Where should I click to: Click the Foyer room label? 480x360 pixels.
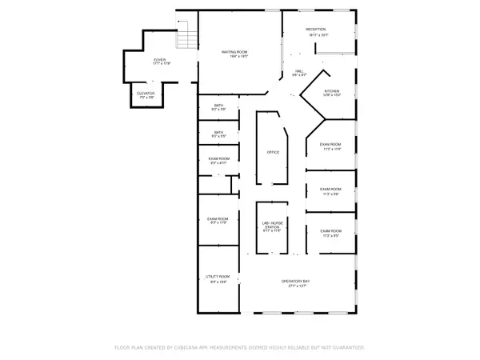pyautogui.click(x=160, y=60)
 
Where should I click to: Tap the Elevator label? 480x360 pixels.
pyautogui.click(x=146, y=94)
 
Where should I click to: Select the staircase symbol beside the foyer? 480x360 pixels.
pyautogui.click(x=186, y=35)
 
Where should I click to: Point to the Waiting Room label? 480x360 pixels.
pyautogui.click(x=234, y=52)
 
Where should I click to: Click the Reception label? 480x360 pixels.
pyautogui.click(x=317, y=30)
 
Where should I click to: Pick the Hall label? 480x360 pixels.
pyautogui.click(x=298, y=70)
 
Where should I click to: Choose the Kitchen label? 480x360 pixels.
pyautogui.click(x=332, y=91)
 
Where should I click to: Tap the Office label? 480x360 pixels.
pyautogui.click(x=272, y=152)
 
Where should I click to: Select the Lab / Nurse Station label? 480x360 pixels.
pyautogui.click(x=271, y=226)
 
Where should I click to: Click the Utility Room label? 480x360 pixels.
pyautogui.click(x=219, y=276)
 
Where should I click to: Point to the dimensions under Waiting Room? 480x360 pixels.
pyautogui.click(x=234, y=57)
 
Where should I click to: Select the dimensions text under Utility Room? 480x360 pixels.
pyautogui.click(x=219, y=282)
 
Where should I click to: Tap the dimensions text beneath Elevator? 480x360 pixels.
pyautogui.click(x=146, y=98)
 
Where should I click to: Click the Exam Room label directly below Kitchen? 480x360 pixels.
pyautogui.click(x=331, y=144)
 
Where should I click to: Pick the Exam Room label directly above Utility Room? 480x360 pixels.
pyautogui.click(x=218, y=218)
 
